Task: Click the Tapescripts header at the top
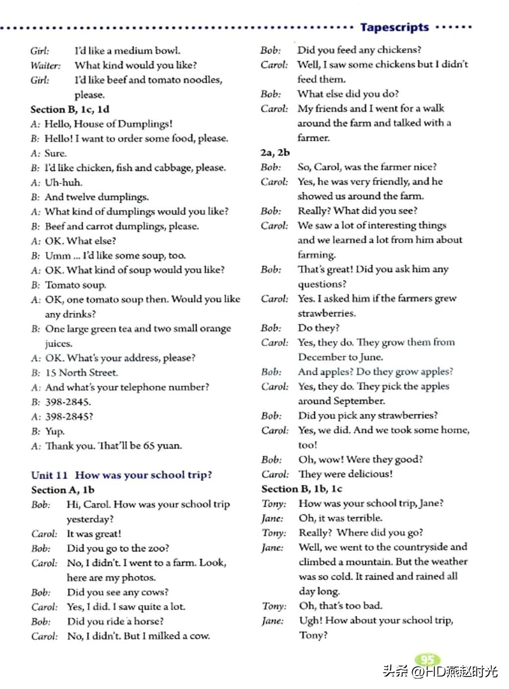tap(394, 27)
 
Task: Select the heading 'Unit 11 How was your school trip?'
tap(121, 475)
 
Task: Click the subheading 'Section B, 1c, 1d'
tap(70, 109)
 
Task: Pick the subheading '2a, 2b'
tap(275, 153)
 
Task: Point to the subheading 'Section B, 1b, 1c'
tap(302, 489)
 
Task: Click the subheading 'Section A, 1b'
tap(63, 490)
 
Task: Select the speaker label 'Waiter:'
tap(45, 66)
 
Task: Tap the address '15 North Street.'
tap(82, 373)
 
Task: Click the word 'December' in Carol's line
tap(322, 357)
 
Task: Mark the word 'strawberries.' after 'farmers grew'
tap(327, 313)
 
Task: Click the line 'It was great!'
tap(94, 534)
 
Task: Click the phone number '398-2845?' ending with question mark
tap(69, 417)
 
